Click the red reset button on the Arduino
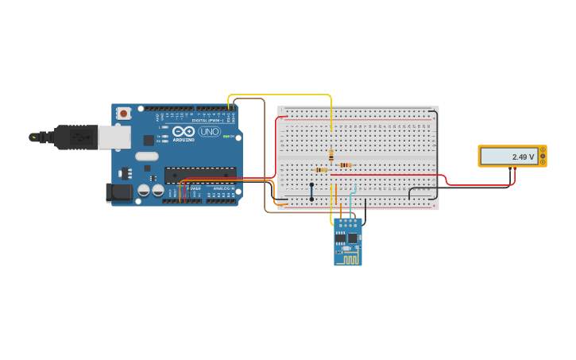[123, 114]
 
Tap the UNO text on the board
[210, 131]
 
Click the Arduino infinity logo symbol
[183, 131]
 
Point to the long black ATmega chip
[200, 174]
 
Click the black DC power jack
[119, 192]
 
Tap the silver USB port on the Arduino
[114, 137]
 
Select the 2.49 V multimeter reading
[522, 157]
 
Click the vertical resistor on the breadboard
[331, 155]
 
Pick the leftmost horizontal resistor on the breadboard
[321, 170]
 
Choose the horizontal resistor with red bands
[346, 165]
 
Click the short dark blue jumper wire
[311, 191]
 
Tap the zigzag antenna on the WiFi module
[350, 257]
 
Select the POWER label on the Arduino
[195, 188]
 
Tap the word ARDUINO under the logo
[184, 140]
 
